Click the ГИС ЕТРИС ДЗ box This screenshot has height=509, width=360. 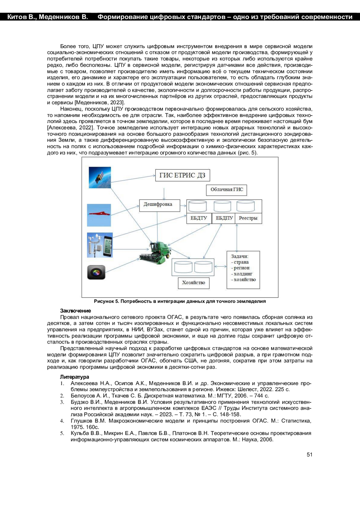coord(182,175)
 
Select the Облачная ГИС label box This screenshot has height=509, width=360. coord(226,190)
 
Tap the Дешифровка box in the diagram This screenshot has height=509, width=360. coord(158,205)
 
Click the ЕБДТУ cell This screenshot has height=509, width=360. coord(199,218)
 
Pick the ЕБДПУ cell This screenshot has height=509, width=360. coord(224,218)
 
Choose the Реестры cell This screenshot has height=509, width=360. coord(248,218)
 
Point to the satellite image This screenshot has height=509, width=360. coord(100,178)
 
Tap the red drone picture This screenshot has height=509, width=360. coord(99,215)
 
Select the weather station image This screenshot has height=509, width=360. coord(100,245)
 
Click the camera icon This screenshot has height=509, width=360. coord(96,272)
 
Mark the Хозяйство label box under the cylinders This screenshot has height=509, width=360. coord(193,283)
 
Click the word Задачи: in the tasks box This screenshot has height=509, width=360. coord(240,256)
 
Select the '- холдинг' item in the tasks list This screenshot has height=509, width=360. coord(242,274)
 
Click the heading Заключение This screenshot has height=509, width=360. coord(75,311)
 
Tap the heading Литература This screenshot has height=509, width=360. coord(74,377)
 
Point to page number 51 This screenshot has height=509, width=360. coord(309,454)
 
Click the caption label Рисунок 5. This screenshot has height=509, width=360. coord(106,301)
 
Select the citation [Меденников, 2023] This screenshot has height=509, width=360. coord(99,103)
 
